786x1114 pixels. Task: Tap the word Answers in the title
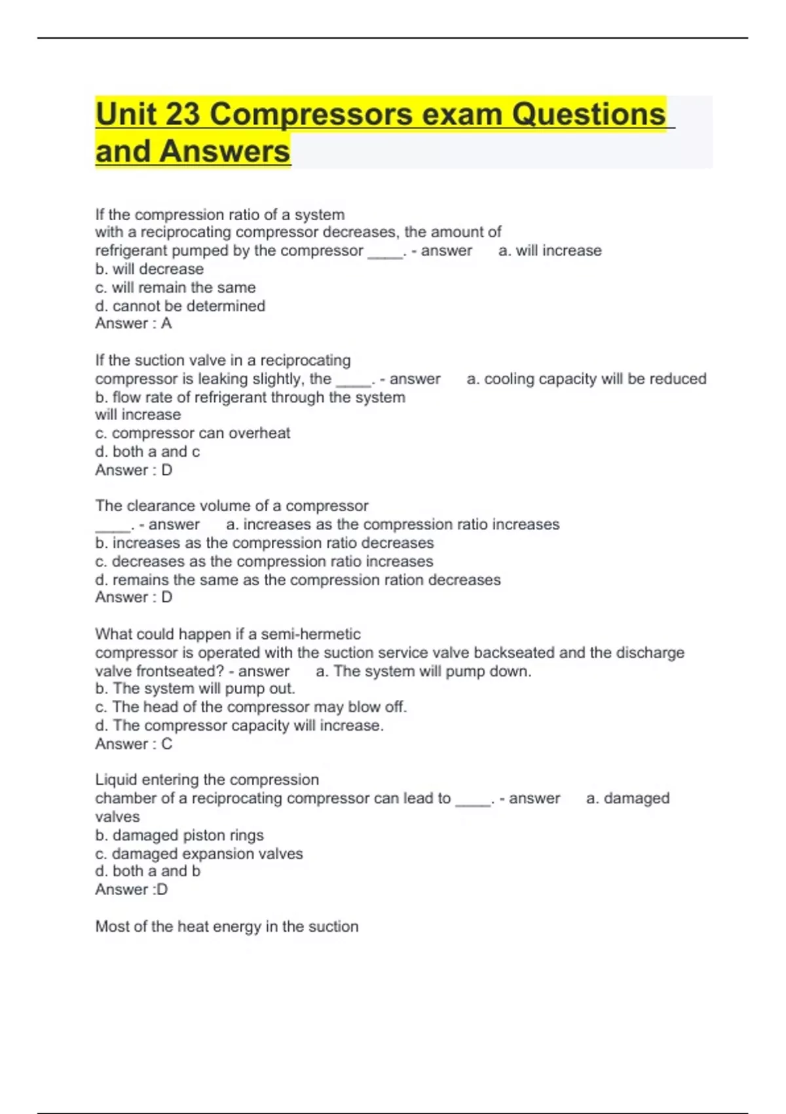click(x=224, y=151)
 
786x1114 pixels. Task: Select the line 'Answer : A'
click(x=134, y=324)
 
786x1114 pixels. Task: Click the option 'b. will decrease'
click(x=149, y=269)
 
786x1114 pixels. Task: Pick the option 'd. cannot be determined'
click(x=180, y=306)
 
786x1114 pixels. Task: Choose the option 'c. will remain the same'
click(x=176, y=288)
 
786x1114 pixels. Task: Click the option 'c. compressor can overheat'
click(x=193, y=433)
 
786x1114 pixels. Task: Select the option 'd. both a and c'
click(x=147, y=451)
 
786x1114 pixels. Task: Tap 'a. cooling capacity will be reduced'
click(x=586, y=379)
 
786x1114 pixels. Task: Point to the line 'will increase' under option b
click(x=138, y=415)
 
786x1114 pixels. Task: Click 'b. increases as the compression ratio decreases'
click(x=264, y=543)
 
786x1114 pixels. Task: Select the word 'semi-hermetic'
click(x=310, y=634)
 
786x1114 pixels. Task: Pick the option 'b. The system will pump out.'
click(x=195, y=689)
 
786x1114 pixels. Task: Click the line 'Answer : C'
click(x=134, y=744)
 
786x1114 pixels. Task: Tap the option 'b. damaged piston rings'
click(x=179, y=835)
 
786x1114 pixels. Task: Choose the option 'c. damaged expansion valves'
click(x=199, y=854)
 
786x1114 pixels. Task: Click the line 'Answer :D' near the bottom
click(x=132, y=890)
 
